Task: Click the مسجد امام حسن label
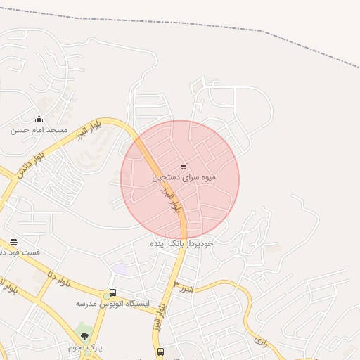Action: point(39,130)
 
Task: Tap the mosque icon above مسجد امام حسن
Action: point(39,119)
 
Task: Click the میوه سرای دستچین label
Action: point(184,178)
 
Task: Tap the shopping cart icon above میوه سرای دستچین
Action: point(184,167)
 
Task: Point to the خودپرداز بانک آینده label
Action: point(181,243)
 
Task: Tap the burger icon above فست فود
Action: point(13,242)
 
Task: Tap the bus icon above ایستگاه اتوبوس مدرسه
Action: point(112,292)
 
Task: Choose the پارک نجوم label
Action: point(85,347)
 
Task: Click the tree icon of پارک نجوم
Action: point(85,336)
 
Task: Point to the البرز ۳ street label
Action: point(185,285)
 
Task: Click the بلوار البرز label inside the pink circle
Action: point(171,201)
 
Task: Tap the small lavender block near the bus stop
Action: point(120,269)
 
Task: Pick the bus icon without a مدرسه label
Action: point(160,352)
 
